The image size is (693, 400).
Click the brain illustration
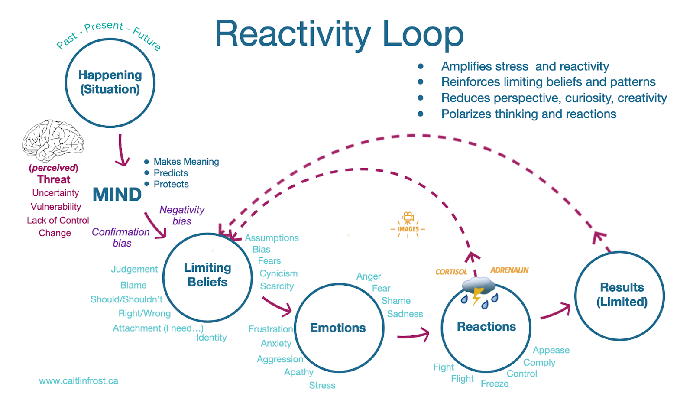tap(53, 140)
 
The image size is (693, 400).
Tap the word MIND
tap(117, 195)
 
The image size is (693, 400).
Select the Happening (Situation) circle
tap(110, 82)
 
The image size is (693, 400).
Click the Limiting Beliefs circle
tap(207, 277)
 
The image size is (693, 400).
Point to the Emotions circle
tap(339, 328)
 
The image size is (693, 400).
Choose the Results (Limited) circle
tap(620, 296)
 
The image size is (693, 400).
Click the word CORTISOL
tap(451, 272)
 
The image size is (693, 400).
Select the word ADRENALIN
tap(509, 270)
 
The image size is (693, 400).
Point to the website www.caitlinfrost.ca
tap(78, 381)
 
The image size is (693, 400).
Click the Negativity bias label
tap(182, 215)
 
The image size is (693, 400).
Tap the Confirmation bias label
tap(121, 237)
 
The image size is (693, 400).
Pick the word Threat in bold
tap(54, 179)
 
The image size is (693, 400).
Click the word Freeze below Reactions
tap(495, 384)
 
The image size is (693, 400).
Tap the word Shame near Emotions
tap(396, 301)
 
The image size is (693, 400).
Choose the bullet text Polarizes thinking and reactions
tap(528, 114)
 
